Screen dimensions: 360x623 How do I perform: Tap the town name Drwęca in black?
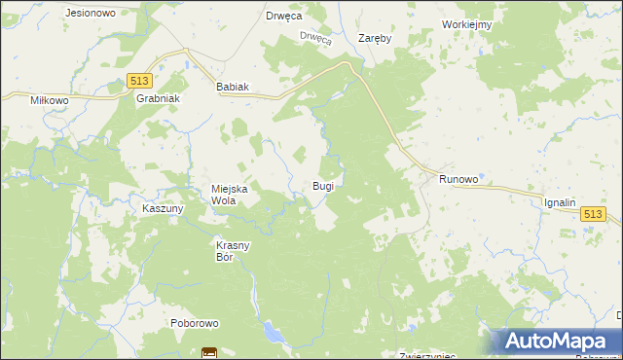(284, 17)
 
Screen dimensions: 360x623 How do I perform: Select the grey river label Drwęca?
(316, 38)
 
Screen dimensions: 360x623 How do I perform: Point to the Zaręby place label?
(375, 39)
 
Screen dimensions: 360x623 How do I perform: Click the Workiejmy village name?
(466, 24)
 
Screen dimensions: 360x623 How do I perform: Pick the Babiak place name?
(233, 87)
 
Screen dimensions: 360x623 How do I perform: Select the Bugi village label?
(323, 185)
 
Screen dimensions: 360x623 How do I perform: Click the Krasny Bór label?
(234, 251)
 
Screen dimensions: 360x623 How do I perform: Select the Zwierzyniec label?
(428, 356)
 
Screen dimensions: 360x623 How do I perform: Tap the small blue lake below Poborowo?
(275, 336)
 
